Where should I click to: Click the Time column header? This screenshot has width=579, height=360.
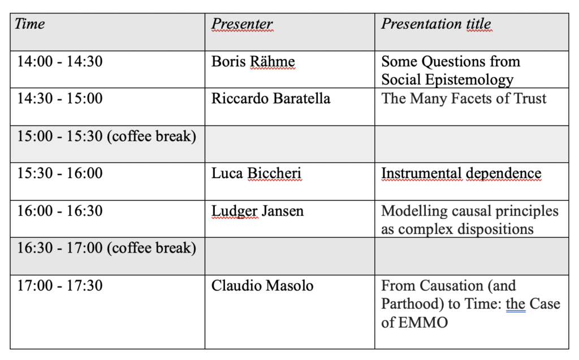pyautogui.click(x=29, y=24)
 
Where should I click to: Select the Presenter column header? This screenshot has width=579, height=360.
pyautogui.click(x=242, y=24)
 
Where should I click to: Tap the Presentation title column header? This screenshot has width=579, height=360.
pyautogui.click(x=436, y=24)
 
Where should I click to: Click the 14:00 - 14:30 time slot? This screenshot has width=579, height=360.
pyautogui.click(x=60, y=61)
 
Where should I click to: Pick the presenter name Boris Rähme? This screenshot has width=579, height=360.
pyautogui.click(x=253, y=61)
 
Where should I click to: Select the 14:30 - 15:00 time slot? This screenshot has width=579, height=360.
pyautogui.click(x=60, y=98)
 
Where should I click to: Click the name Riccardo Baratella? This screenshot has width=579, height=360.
pyautogui.click(x=271, y=98)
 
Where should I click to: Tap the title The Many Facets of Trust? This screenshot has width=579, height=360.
pyautogui.click(x=464, y=98)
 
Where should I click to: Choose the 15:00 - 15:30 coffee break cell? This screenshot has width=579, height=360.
pyautogui.click(x=106, y=136)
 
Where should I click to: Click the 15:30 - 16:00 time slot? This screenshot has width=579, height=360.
pyautogui.click(x=60, y=173)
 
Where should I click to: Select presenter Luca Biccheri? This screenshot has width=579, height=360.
pyautogui.click(x=256, y=173)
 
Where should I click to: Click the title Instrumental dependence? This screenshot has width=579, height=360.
pyautogui.click(x=461, y=173)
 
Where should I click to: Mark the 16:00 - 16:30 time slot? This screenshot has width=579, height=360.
pyautogui.click(x=60, y=211)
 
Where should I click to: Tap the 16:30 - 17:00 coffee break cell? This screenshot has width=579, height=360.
pyautogui.click(x=106, y=248)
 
